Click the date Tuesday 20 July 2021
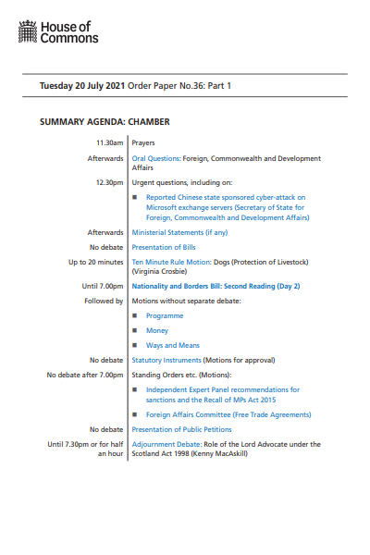[81, 85]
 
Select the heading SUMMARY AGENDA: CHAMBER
[105, 122]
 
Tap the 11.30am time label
[109, 143]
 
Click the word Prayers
[143, 143]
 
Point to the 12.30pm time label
[109, 182]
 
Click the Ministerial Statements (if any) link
[179, 232]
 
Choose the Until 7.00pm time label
[103, 287]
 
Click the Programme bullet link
[165, 315]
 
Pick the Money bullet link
[158, 330]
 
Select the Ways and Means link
[173, 345]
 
